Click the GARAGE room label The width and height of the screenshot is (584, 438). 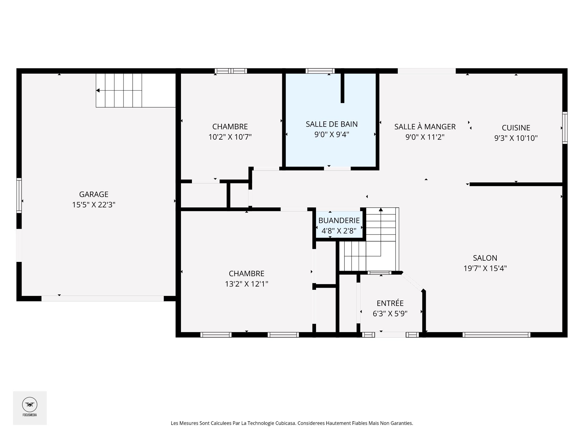pyautogui.click(x=94, y=194)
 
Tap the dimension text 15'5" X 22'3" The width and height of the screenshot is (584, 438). pyautogui.click(x=94, y=205)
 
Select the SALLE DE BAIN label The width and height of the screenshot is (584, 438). pyautogui.click(x=332, y=124)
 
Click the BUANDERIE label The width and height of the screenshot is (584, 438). pyautogui.click(x=339, y=221)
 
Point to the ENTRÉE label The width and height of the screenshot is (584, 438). pyautogui.click(x=390, y=303)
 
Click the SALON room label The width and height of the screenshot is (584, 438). pyautogui.click(x=485, y=258)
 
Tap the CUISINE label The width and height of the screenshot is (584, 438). pyautogui.click(x=516, y=128)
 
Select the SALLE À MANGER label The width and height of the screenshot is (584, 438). pyautogui.click(x=425, y=127)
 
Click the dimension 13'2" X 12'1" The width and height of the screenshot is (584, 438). pyautogui.click(x=246, y=284)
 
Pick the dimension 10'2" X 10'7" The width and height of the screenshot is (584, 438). pyautogui.click(x=230, y=137)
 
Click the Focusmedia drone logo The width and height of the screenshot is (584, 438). pyautogui.click(x=30, y=405)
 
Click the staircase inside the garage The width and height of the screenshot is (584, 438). pyautogui.click(x=119, y=90)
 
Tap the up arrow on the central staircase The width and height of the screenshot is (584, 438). pyautogui.click(x=381, y=210)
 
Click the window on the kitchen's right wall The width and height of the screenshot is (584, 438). pyautogui.click(x=565, y=128)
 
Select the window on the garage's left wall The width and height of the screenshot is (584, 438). pyautogui.click(x=19, y=195)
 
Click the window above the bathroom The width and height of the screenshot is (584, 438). pyautogui.click(x=320, y=71)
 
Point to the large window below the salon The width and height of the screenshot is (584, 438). pyautogui.click(x=496, y=335)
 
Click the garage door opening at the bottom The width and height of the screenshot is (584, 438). pyautogui.click(x=103, y=298)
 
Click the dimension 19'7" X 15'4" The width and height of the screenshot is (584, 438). pyautogui.click(x=485, y=268)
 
